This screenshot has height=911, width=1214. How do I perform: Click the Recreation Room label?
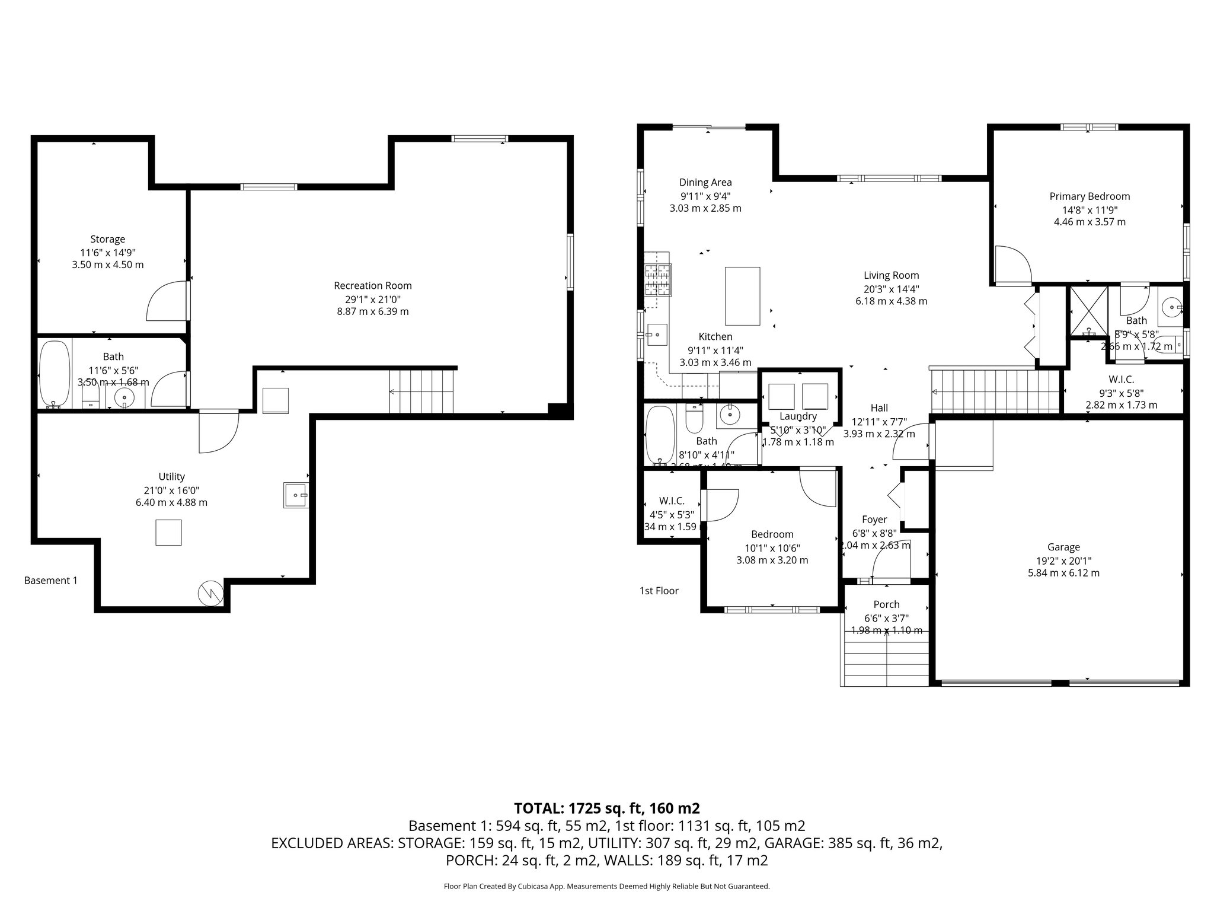tap(372, 285)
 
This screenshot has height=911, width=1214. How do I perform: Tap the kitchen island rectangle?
tap(742, 296)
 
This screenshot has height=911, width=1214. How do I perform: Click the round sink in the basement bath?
tap(124, 397)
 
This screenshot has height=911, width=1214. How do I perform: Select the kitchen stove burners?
tap(658, 279)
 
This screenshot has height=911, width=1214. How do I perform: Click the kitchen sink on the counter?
tap(656, 335)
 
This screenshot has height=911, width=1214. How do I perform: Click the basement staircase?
tap(421, 391)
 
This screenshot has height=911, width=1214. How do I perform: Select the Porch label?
tap(886, 604)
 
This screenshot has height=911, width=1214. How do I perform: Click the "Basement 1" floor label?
tap(50, 581)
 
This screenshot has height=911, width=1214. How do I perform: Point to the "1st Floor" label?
tap(659, 591)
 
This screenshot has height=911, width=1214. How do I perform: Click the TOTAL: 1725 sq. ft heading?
tap(606, 808)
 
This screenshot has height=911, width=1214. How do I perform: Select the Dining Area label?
tap(705, 183)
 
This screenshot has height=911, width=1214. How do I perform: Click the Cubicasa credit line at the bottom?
tap(606, 886)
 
